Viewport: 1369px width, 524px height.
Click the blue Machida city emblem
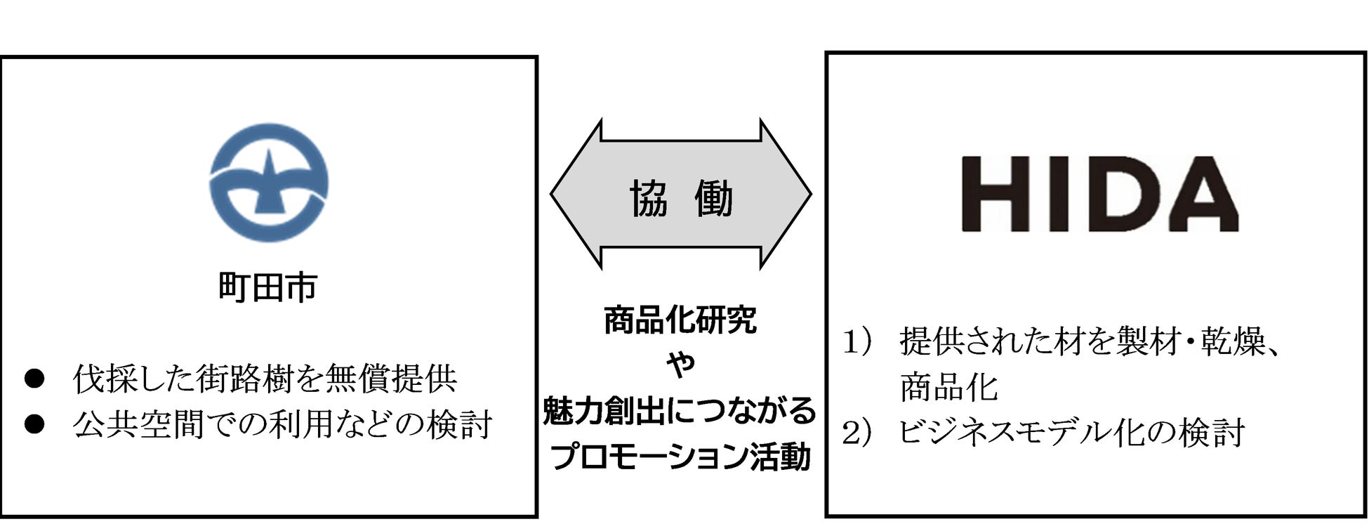[269, 183]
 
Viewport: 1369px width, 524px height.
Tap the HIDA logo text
[1099, 195]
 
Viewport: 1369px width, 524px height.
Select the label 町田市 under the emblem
[268, 287]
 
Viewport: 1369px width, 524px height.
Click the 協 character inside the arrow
[648, 198]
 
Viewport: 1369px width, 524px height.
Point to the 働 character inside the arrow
[713, 198]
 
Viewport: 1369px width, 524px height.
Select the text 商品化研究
[680, 320]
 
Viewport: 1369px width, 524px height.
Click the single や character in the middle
[680, 364]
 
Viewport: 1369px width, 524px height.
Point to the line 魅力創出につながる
[680, 410]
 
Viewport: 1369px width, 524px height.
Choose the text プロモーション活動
[680, 456]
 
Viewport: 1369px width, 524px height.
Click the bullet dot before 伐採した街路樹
[34, 379]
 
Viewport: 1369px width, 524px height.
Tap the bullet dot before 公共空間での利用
[34, 424]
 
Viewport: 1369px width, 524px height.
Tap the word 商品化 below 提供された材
[948, 387]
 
